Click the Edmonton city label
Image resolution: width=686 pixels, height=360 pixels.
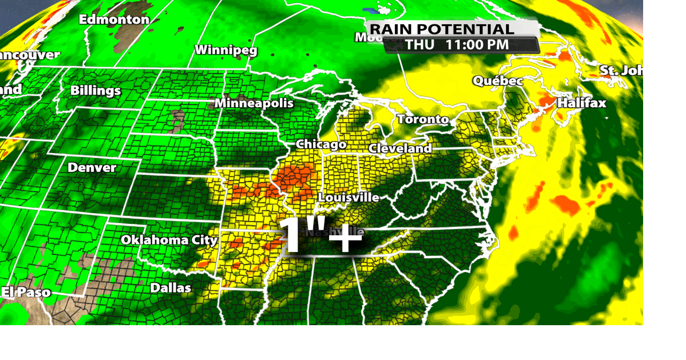click(x=114, y=20)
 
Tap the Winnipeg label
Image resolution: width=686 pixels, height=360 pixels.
click(x=226, y=50)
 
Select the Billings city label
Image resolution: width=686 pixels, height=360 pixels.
click(x=95, y=91)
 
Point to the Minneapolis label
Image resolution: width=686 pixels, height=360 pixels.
click(x=254, y=103)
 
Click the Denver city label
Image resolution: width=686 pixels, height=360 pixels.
click(x=92, y=168)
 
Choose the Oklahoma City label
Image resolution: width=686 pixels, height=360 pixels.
click(x=169, y=240)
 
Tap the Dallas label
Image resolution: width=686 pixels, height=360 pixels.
click(x=170, y=288)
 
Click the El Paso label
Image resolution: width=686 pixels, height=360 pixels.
click(x=26, y=292)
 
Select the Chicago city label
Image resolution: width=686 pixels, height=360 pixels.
click(x=321, y=145)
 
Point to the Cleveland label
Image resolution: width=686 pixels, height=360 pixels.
click(x=400, y=148)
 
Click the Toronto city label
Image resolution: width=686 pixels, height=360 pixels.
click(x=423, y=119)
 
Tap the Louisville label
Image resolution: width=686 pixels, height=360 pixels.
click(x=348, y=198)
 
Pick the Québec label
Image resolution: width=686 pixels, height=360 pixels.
click(x=497, y=81)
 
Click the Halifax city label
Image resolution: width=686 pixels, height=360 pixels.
click(x=581, y=103)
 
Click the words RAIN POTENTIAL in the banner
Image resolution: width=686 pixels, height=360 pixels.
click(x=442, y=29)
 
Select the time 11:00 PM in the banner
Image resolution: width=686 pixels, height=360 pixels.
click(x=477, y=45)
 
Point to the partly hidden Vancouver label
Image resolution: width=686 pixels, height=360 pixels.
click(x=29, y=55)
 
